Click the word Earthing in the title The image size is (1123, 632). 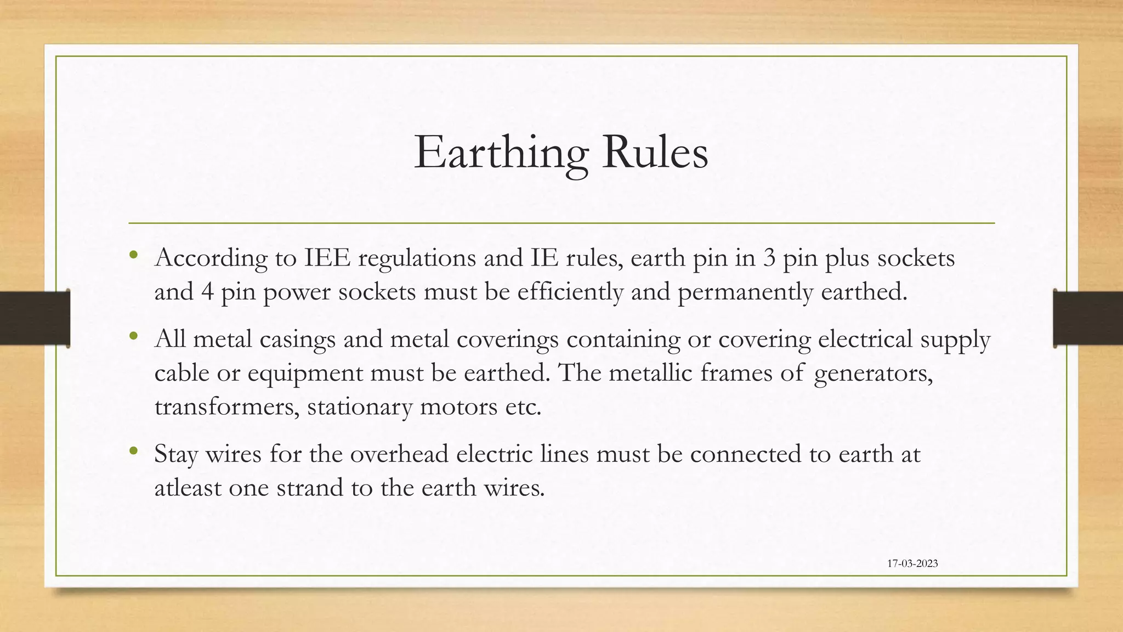(x=501, y=153)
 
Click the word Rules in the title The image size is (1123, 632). (x=655, y=153)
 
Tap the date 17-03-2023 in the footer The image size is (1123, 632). (x=912, y=563)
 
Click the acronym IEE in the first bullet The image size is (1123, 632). (x=327, y=258)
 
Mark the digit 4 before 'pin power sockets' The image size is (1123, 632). (x=207, y=291)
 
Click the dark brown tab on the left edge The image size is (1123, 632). (x=35, y=318)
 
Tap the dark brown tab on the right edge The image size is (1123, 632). (x=1088, y=318)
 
